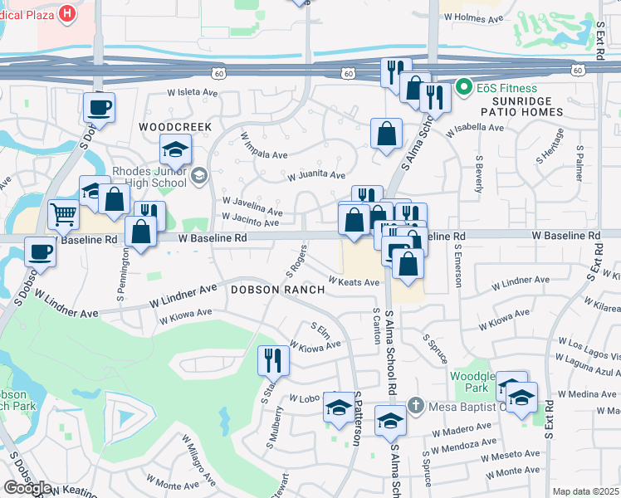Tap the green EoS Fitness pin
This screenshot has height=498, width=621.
463,87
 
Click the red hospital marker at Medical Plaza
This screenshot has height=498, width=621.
67,13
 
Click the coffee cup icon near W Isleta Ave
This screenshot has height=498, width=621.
99,107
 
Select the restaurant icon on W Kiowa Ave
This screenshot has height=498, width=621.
273,360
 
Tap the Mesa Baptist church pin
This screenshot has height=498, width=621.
416,406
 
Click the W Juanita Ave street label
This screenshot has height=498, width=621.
316,175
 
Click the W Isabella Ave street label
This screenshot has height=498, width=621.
475,129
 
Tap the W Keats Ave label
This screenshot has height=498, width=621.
354,282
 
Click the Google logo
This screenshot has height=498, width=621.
27,487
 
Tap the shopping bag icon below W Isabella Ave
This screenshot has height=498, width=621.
386,133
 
